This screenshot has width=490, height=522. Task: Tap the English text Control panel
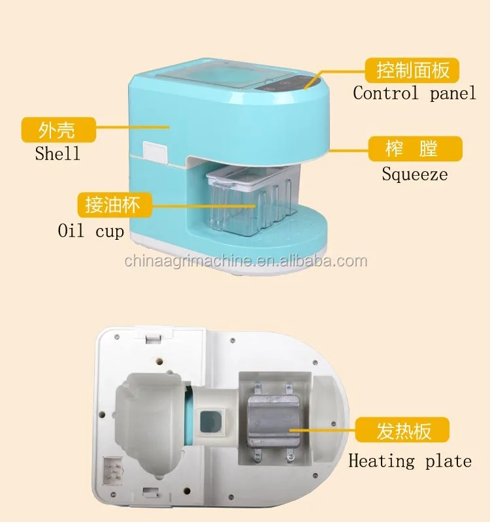(x=414, y=93)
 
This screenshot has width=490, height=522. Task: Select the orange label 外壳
(x=57, y=129)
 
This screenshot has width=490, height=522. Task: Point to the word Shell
(x=57, y=154)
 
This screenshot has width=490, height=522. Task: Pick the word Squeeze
(x=415, y=174)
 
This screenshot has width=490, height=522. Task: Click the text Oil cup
(x=91, y=231)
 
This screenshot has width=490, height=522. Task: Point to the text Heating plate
(x=410, y=461)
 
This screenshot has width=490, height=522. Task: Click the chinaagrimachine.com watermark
(x=246, y=262)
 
